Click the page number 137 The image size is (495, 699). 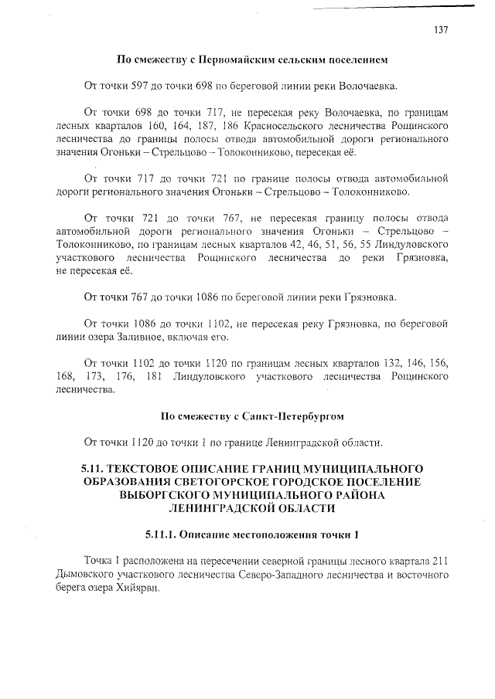441,30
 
